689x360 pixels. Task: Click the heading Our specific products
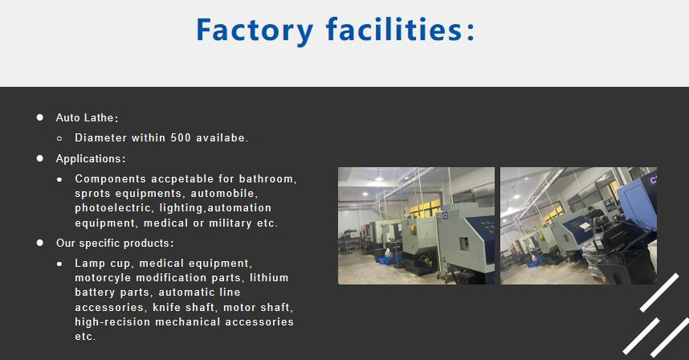point(114,243)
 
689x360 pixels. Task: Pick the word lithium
point(269,278)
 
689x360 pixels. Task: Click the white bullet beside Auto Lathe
point(39,117)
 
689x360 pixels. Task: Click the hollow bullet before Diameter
point(59,138)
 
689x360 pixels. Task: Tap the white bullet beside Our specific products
point(39,243)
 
